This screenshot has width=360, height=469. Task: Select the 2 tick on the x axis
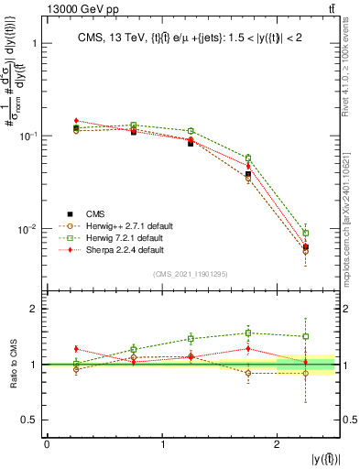(278, 443)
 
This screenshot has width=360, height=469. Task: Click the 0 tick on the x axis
(47, 443)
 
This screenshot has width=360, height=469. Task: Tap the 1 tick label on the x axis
(162, 443)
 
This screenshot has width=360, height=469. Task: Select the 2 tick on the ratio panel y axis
(37, 310)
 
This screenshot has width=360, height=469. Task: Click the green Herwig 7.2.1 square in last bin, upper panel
(306, 233)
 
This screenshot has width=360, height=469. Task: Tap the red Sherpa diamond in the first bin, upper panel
(76, 120)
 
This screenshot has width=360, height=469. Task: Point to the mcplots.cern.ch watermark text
(352, 229)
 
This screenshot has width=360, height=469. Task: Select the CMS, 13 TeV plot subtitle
(192, 38)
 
